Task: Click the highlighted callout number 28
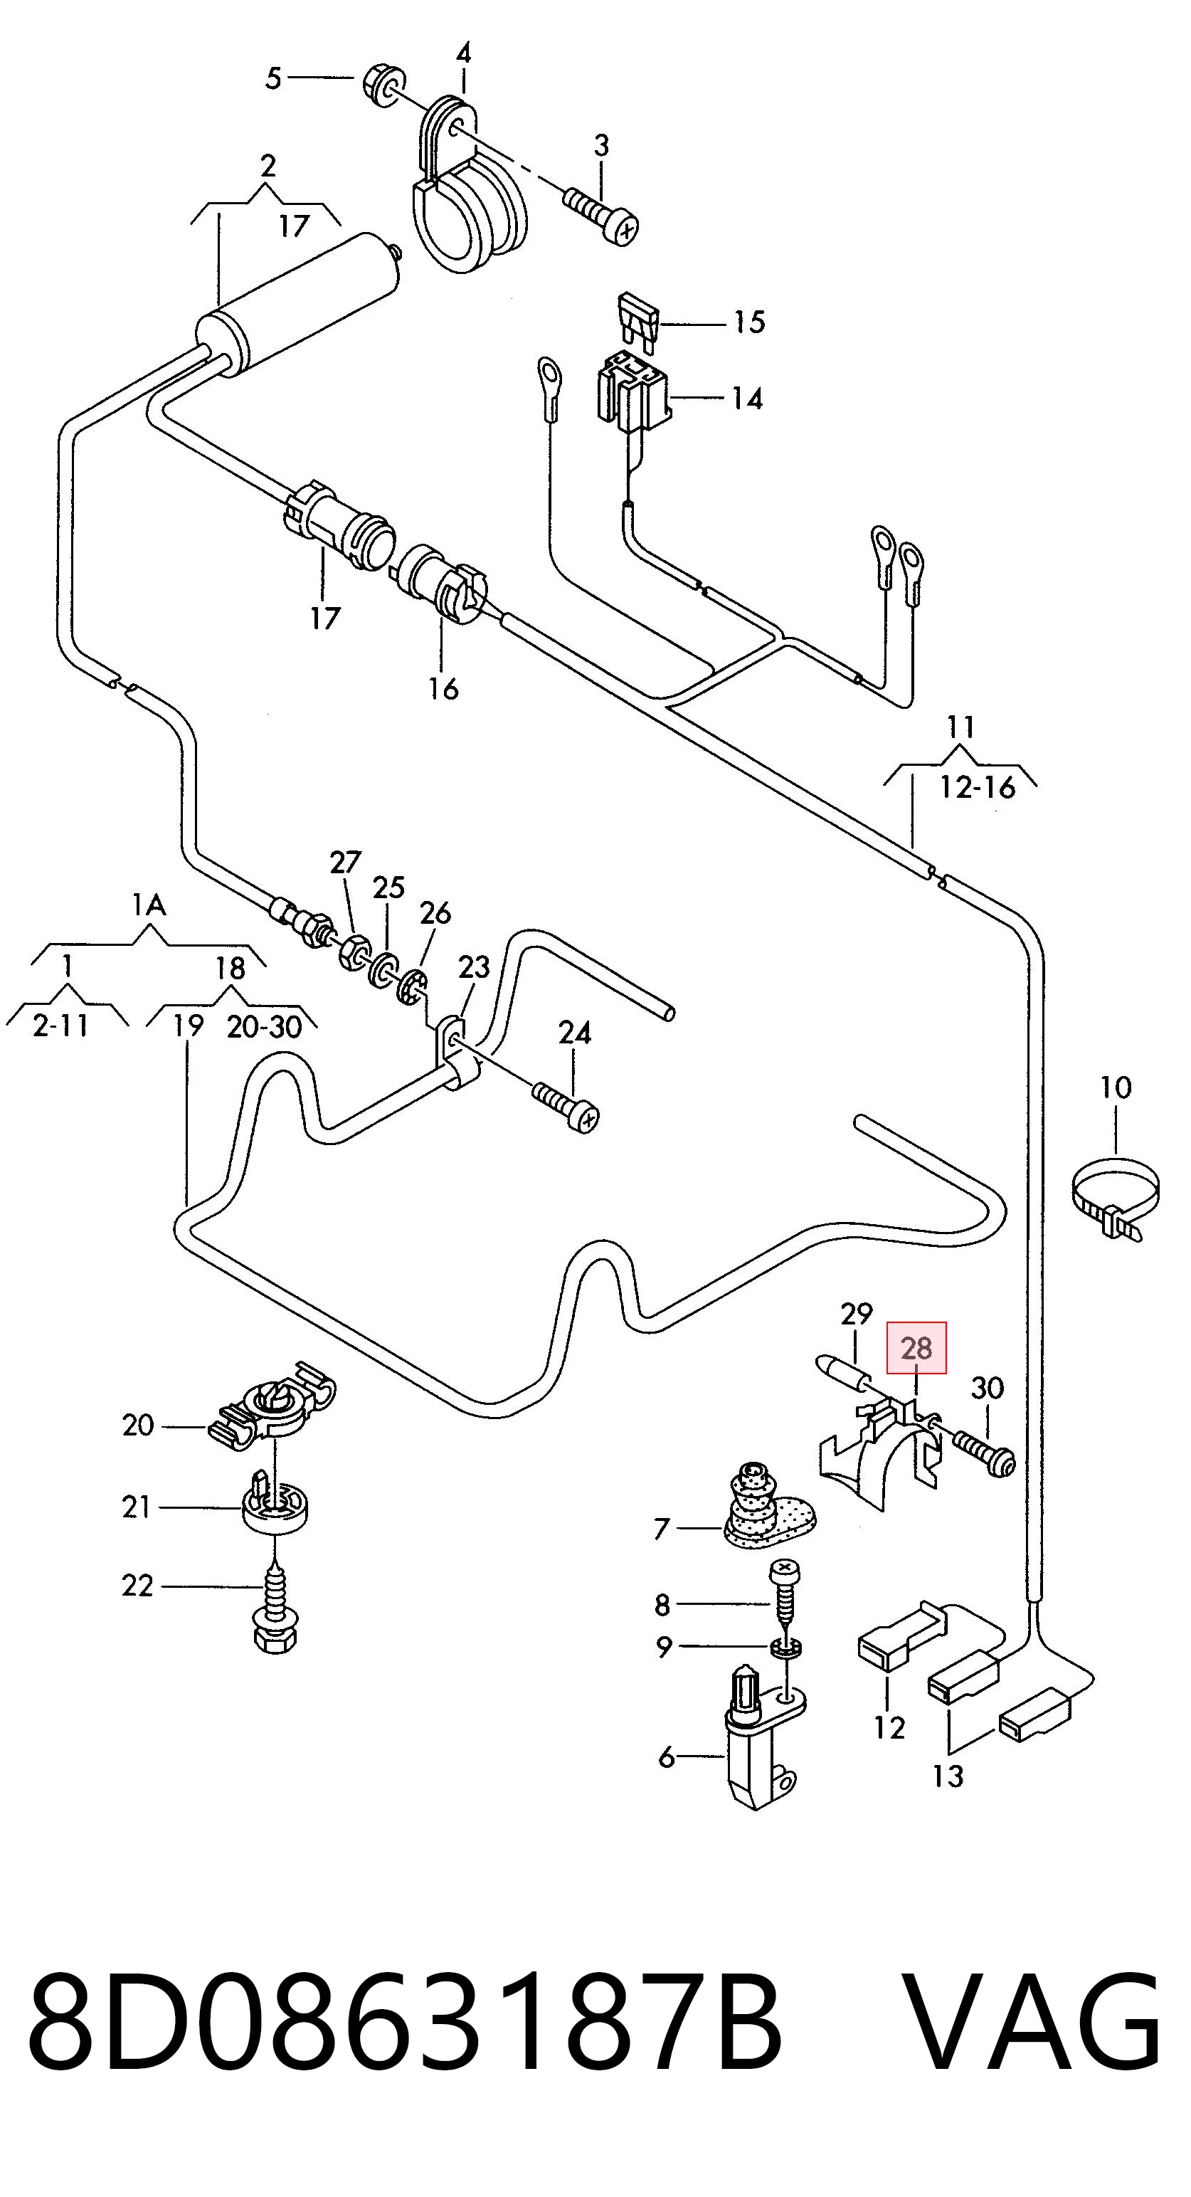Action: [x=916, y=1349]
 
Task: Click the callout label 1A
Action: [x=149, y=904]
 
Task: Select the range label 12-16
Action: [x=977, y=787]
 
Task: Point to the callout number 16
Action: [x=443, y=687]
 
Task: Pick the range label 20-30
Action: [x=264, y=1027]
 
